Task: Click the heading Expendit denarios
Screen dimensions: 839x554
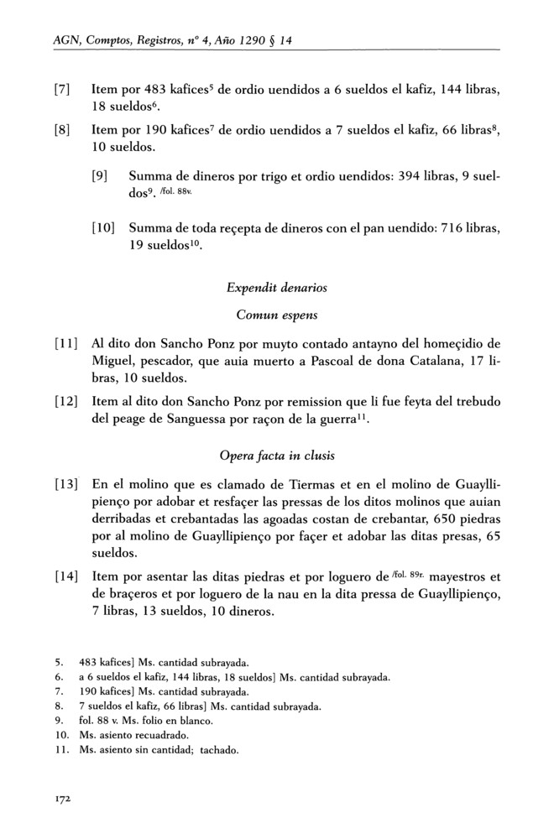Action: coord(277,288)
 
